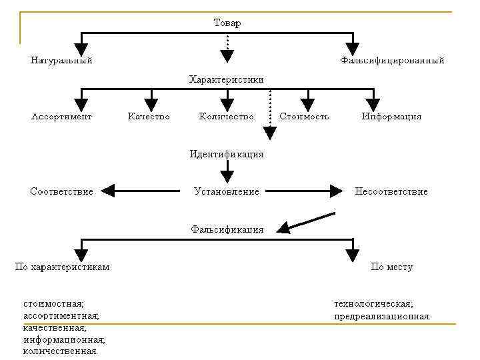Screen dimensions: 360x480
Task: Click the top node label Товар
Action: [227, 23]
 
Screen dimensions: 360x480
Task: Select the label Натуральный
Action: [61, 61]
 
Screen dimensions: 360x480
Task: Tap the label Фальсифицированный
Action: [392, 61]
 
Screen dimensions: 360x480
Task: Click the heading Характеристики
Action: [227, 79]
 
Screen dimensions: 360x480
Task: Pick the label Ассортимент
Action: [61, 117]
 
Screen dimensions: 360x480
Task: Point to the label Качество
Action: [149, 117]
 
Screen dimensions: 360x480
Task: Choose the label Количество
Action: [227, 117]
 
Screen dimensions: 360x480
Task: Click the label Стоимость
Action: [304, 117]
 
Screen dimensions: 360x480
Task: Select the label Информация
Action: [392, 117]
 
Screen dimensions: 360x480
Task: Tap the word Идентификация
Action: [227, 154]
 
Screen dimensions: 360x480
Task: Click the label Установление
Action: [227, 192]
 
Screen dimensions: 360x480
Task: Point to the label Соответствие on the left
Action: [61, 192]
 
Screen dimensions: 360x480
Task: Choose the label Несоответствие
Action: [391, 192]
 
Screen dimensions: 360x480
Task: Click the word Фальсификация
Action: [227, 229]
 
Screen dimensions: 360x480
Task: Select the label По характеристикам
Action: [63, 267]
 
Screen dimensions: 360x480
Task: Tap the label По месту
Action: [391, 267]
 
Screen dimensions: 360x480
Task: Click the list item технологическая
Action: [373, 304]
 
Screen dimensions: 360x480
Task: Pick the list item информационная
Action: [64, 339]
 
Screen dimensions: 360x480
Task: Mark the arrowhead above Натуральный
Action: [81, 49]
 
